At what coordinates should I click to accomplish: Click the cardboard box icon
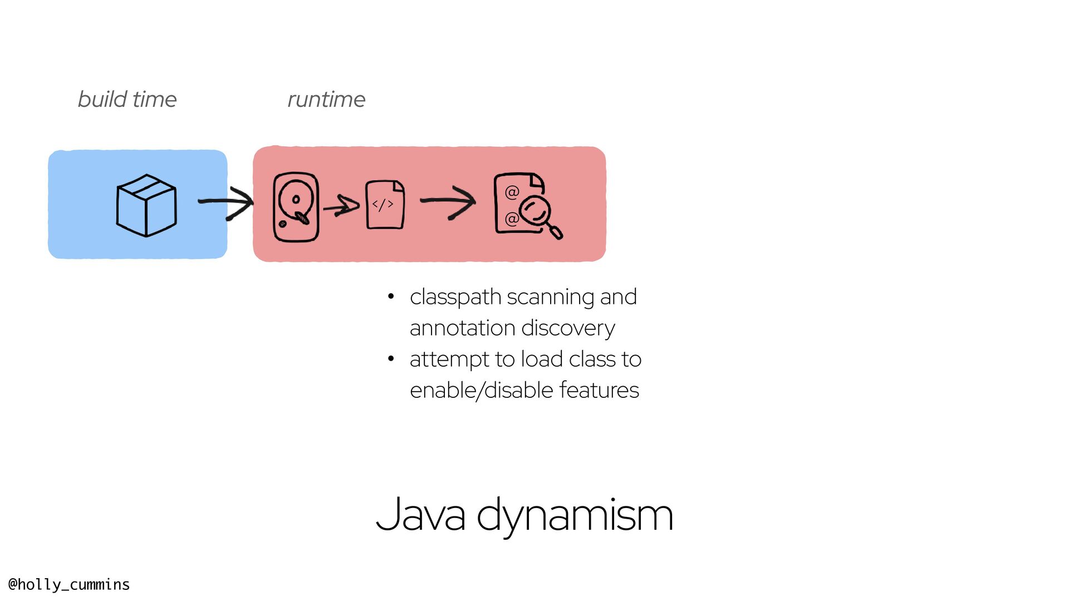[146, 205]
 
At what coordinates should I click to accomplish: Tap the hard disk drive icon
[296, 207]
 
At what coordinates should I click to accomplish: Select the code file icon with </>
[385, 204]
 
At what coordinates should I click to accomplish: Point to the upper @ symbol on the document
[512, 193]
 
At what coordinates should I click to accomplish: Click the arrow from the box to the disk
[226, 203]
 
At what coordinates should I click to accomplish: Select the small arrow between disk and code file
[341, 206]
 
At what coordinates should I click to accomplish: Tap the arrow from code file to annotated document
[448, 202]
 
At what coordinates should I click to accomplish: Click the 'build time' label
[127, 100]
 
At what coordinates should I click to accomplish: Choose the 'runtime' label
[326, 100]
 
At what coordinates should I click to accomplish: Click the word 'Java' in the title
[420, 515]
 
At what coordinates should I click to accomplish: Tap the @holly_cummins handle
[69, 584]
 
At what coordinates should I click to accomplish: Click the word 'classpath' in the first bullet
[455, 298]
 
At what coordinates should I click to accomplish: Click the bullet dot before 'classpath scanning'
[391, 297]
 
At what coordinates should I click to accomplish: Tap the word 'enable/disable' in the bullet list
[482, 390]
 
